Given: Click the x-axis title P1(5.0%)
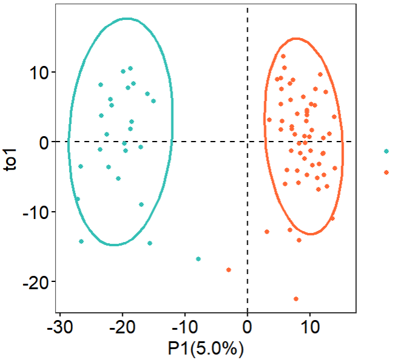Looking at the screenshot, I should click(x=206, y=349).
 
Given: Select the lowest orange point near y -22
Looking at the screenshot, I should click(x=296, y=298).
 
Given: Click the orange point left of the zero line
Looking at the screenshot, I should click(x=228, y=270).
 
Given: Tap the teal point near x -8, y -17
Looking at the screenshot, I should click(x=198, y=259).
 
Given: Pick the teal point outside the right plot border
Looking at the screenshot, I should click(x=386, y=151).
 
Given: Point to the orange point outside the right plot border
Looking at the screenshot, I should click(x=386, y=172).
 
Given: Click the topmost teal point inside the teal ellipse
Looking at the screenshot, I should click(x=130, y=68).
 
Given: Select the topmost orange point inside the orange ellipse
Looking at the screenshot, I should click(x=283, y=56).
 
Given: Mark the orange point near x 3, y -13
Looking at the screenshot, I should click(x=267, y=231).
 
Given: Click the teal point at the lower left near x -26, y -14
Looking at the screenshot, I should click(x=81, y=241).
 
